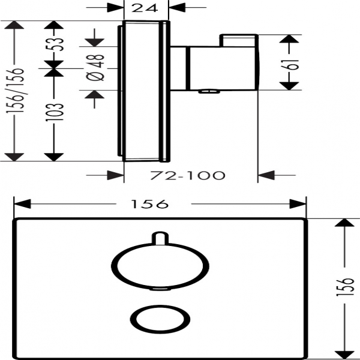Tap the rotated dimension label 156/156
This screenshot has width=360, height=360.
tap(18, 90)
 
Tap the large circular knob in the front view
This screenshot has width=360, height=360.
tap(160, 266)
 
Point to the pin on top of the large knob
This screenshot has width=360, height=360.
tap(160, 238)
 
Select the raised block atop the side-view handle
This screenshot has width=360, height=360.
tap(240, 41)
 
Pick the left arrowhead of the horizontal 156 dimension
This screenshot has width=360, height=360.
tap(20, 205)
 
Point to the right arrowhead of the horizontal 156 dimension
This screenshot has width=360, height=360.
tap(300, 205)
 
